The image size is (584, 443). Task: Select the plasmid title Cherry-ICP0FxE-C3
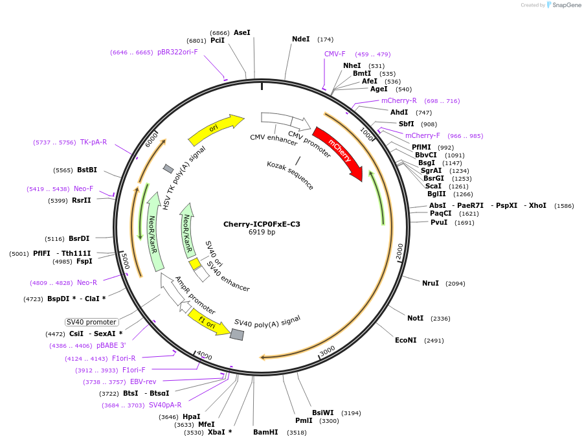262,224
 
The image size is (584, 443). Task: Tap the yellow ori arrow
215,130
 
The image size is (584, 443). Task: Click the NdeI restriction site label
301,39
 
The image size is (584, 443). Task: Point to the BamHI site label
265,432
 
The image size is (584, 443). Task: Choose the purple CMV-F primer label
335,54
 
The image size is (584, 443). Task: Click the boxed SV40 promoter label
91,322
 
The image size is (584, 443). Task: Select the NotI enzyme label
415,318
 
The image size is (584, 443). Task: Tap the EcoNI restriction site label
406,340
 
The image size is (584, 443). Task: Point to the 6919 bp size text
262,233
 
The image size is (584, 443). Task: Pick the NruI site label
431,283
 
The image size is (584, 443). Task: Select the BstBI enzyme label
87,170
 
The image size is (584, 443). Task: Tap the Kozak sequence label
290,175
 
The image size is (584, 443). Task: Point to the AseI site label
241,32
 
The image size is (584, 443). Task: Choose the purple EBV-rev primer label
143,381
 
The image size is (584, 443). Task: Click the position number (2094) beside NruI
455,284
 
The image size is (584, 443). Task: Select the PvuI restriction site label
440,222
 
